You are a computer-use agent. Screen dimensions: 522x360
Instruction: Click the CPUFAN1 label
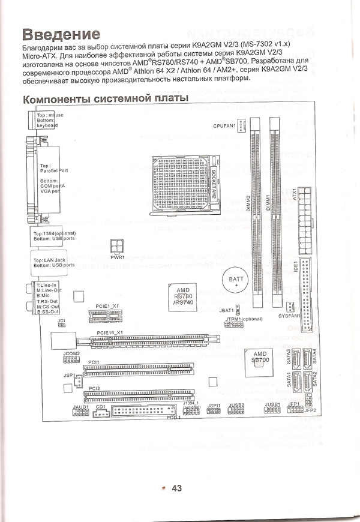224,125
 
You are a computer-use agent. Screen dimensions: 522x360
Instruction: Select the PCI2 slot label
94,388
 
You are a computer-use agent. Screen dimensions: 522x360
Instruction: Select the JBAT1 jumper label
226,310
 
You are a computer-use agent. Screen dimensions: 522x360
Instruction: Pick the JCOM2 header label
72,353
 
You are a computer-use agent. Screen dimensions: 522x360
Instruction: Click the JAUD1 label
80,407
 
